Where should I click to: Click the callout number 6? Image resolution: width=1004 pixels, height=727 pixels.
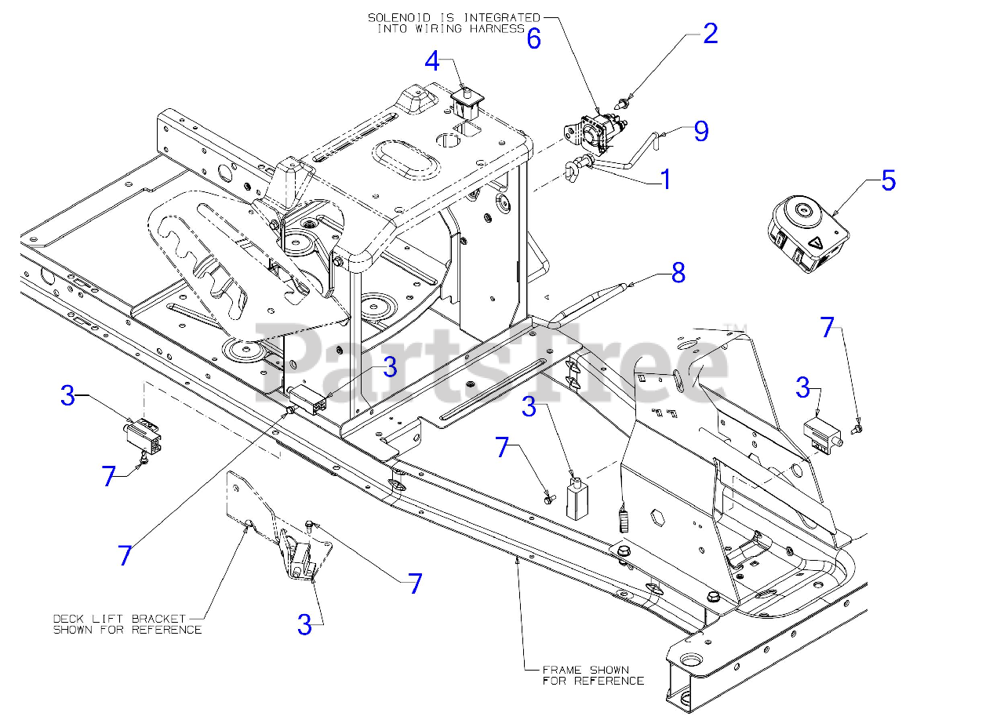point(533,39)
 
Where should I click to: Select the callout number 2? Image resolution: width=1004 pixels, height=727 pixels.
point(710,34)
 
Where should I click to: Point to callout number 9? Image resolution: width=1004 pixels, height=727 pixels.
point(700,131)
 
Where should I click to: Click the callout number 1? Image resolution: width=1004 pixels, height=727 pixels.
point(666,180)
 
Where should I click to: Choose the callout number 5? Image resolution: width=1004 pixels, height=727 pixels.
point(888,180)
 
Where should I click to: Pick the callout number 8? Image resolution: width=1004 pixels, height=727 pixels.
point(678,273)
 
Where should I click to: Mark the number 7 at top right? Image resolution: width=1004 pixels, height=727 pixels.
point(828,327)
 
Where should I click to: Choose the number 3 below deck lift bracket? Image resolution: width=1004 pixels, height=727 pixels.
point(304,625)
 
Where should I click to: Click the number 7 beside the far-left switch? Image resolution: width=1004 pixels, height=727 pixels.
point(110,476)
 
